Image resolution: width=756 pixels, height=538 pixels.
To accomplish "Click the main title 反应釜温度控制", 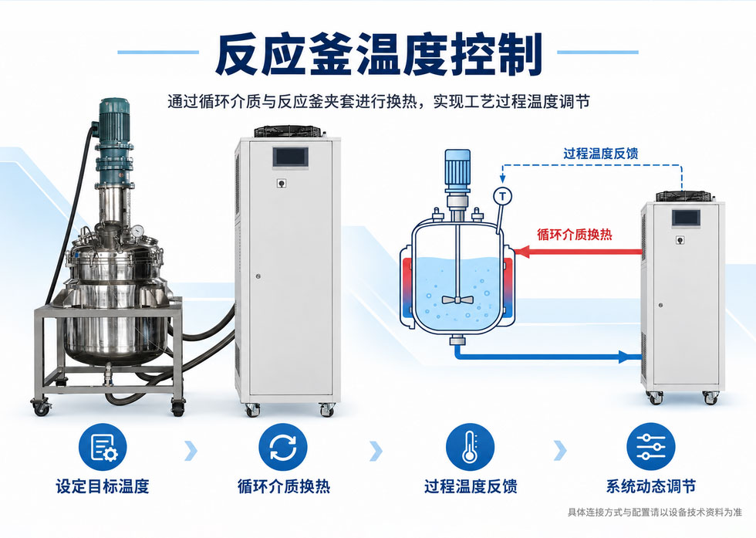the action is pos(379,54).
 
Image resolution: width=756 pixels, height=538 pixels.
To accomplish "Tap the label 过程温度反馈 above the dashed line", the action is pos(601,154).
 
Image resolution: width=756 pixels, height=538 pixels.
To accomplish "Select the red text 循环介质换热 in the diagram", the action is pos(575,235).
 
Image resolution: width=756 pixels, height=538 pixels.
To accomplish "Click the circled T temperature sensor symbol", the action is pos(503,196).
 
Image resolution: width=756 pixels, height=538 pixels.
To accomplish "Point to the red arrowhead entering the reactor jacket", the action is pos(523,252).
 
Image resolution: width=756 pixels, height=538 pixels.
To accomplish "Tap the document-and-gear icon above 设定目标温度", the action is pos(103,447).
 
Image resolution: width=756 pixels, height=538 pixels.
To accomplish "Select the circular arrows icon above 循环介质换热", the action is pos(283,447).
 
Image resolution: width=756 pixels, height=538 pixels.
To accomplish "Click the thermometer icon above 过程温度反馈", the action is pos(470,447).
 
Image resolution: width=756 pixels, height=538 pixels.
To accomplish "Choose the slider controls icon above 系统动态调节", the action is pos(651,447).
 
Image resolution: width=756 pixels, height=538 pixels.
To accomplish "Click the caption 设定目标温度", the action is pos(103,486).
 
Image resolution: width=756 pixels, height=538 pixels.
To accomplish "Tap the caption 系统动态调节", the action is pos(651,486).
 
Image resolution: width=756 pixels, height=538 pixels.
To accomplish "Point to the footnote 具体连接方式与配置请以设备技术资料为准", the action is pos(655,513).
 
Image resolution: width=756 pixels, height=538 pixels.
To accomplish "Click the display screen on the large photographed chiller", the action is pos(290,157).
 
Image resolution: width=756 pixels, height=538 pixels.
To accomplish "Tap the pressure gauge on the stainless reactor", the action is pos(138,231).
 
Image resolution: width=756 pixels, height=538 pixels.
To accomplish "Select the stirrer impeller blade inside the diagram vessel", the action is pos(456,299).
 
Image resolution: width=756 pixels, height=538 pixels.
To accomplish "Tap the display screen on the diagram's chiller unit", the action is pos(687,218).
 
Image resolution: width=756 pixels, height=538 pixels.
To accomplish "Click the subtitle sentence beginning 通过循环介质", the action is pos(379,102).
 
